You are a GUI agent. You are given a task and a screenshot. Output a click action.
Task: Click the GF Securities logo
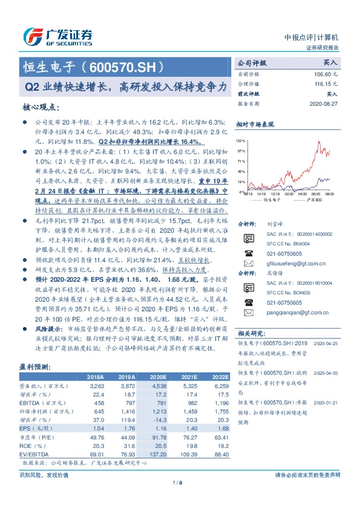pos(57,36)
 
